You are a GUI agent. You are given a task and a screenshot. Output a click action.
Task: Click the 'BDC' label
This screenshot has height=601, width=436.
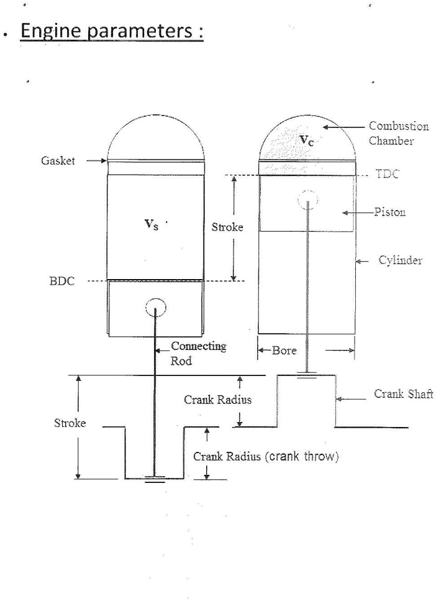pos(61,281)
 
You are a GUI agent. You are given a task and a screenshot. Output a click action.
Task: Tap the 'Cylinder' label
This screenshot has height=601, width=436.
pos(400,260)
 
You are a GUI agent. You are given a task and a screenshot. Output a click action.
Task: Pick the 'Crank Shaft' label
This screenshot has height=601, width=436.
pos(403,394)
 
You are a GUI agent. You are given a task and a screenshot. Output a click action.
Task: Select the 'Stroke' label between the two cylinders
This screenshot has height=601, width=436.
pos(227,227)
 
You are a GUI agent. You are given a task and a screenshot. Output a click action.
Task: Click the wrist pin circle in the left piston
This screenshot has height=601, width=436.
pos(155,306)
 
